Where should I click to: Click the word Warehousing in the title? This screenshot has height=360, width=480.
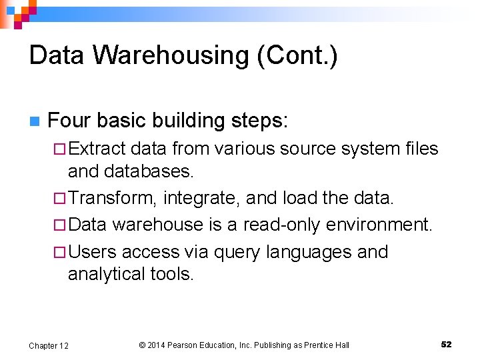pyautogui.click(x=171, y=55)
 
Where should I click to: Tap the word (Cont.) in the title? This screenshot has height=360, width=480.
pyautogui.click(x=297, y=55)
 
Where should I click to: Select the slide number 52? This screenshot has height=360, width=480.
pyautogui.click(x=446, y=344)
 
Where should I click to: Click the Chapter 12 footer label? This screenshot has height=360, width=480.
pyautogui.click(x=48, y=345)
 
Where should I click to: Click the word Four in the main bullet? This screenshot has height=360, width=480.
pyautogui.click(x=70, y=121)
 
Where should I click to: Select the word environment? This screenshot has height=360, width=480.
pyautogui.click(x=380, y=225)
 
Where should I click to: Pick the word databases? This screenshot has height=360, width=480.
pyautogui.click(x=149, y=171)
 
